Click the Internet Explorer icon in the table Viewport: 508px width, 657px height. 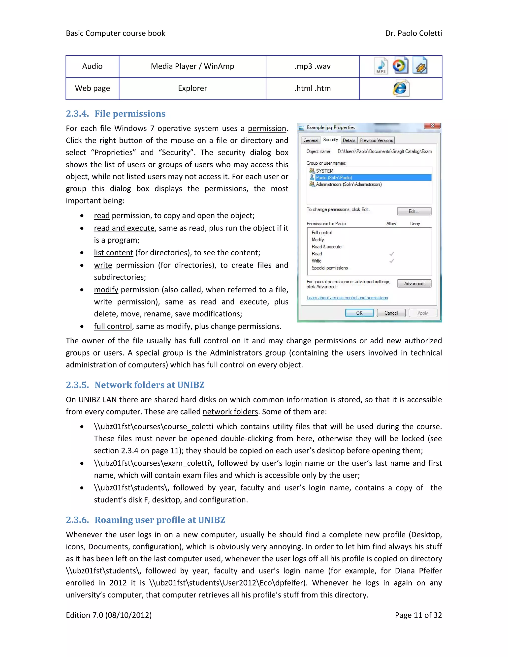tap(401, 89)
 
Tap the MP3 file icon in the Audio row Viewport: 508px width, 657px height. tap(381, 66)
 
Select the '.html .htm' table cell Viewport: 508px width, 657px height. tap(312, 89)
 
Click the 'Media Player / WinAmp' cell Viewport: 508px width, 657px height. tap(192, 66)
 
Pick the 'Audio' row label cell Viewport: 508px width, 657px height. tap(92, 66)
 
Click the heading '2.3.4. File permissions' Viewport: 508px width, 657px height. tap(116, 114)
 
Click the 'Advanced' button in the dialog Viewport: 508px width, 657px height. tap(414, 284)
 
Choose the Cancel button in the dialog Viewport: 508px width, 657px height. tap(391, 313)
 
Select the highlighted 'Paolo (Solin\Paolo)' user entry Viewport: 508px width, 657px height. tap(334, 178)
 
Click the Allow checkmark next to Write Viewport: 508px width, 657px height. tap(391, 261)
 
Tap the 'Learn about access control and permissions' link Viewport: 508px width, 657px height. tap(347, 298)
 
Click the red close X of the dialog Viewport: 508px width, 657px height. tap(432, 126)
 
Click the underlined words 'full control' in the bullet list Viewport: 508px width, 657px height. tap(113, 327)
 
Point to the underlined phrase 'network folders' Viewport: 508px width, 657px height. tap(230, 412)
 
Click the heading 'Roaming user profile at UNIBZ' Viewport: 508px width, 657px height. tap(160, 520)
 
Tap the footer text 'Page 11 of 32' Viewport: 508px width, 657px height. tap(418, 615)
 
